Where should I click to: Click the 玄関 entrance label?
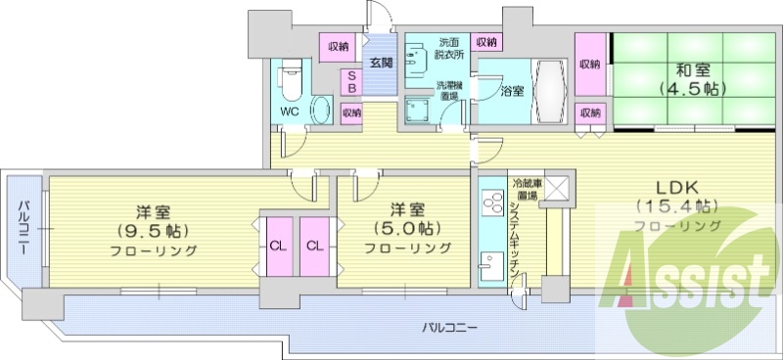point(381,62)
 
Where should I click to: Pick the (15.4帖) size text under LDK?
point(677,206)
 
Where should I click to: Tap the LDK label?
point(676,187)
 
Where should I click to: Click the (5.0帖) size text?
point(408,228)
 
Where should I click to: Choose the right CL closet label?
point(313,246)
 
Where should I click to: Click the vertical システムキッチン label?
point(515,240)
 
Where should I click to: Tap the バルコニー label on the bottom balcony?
point(450,325)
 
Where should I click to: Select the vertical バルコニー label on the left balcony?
point(22,224)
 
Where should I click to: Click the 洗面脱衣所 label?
point(449,50)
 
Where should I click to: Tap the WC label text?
point(290,112)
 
